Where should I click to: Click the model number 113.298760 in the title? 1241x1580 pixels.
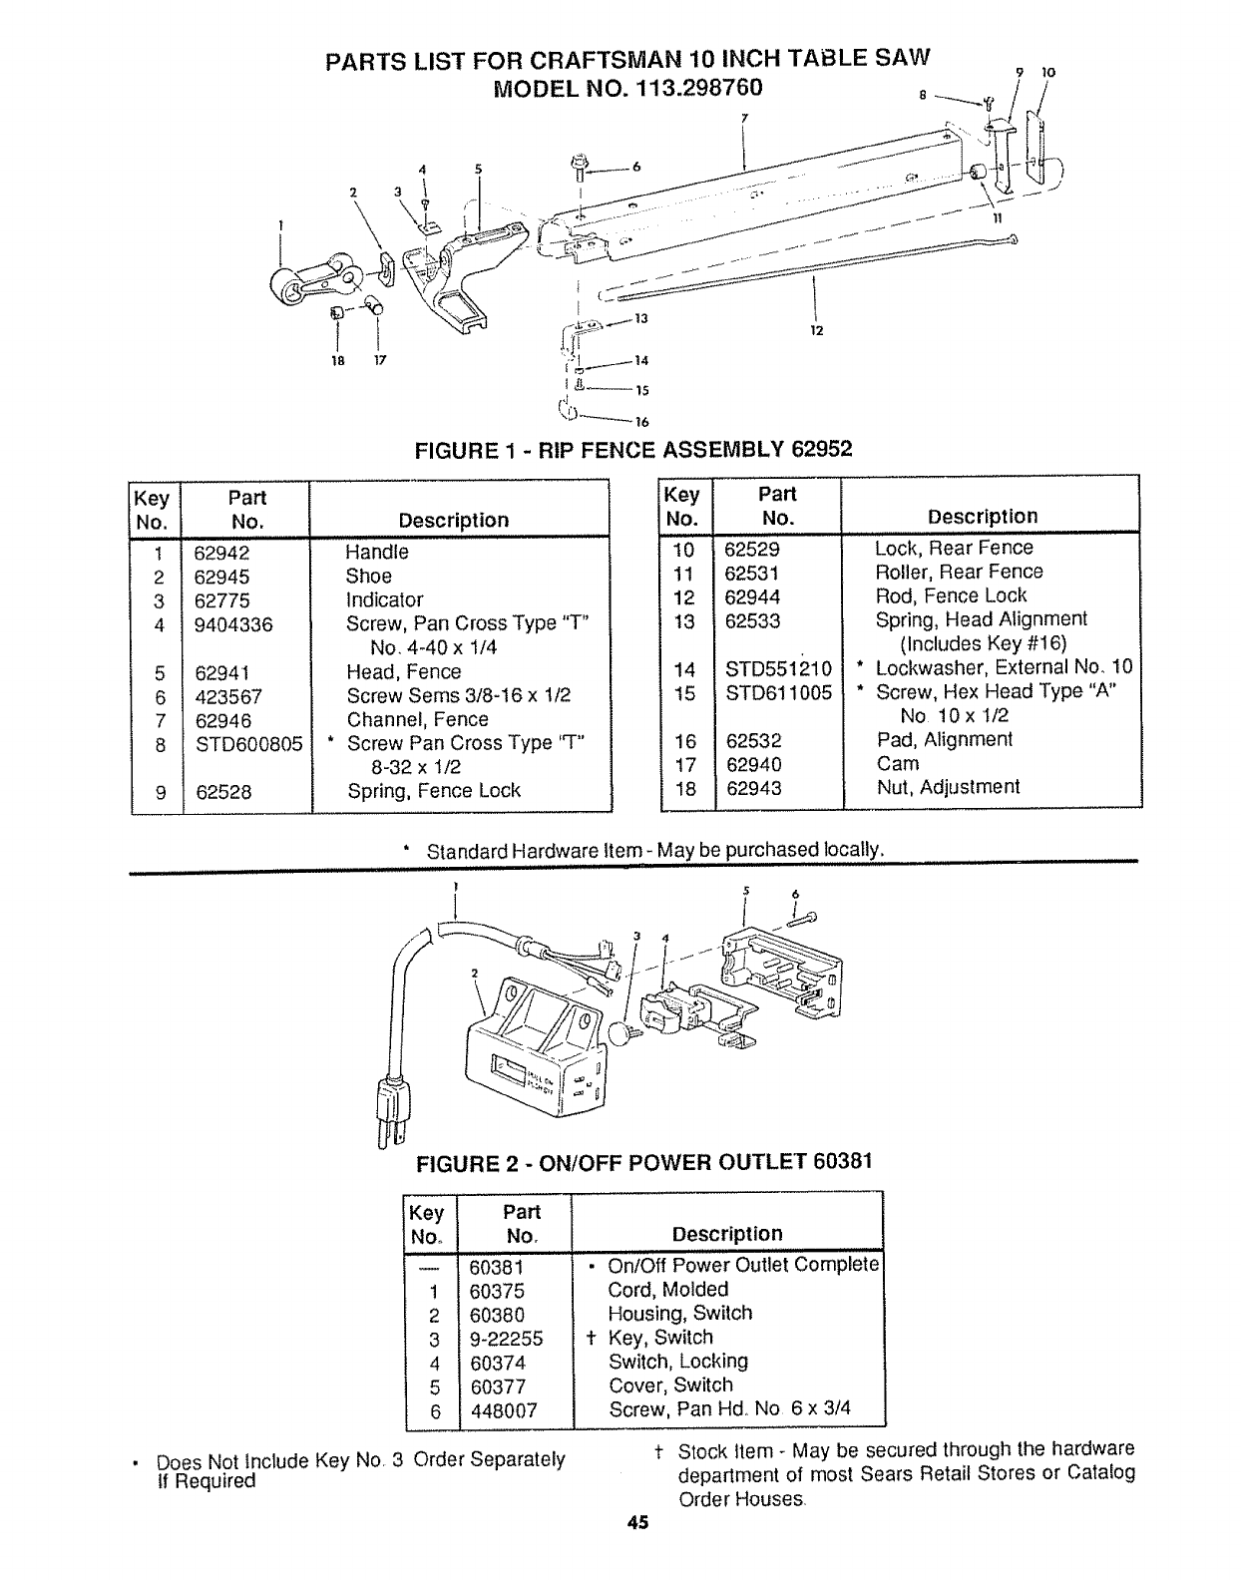[687, 87]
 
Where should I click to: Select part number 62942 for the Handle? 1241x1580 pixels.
[221, 553]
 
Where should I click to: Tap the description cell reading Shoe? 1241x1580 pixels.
[368, 577]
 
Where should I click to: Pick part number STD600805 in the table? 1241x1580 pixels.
[248, 744]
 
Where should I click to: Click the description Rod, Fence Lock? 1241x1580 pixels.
[951, 596]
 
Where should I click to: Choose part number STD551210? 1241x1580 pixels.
[778, 668]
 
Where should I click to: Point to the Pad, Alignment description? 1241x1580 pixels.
[944, 740]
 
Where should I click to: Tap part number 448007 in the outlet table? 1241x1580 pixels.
[504, 1410]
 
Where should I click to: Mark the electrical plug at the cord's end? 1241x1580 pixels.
[391, 1107]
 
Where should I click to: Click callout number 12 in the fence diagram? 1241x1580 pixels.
[815, 331]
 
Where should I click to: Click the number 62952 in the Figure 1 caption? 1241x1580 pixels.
[822, 450]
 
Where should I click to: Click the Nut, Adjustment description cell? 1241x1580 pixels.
[947, 788]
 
